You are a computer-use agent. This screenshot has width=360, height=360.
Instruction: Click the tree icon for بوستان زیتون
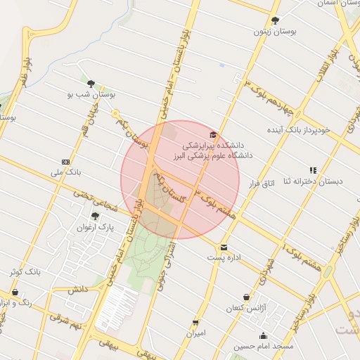point(275,20)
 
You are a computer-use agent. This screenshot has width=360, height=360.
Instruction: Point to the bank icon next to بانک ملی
point(67,162)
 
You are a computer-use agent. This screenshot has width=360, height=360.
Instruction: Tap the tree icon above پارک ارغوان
point(95,216)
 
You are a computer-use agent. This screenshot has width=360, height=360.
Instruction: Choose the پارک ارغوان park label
point(95,227)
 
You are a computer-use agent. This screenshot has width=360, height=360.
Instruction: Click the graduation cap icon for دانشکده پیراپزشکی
point(213,134)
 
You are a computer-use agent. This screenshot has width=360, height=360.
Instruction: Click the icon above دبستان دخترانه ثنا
point(313,170)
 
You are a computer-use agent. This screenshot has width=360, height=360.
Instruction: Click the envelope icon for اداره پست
point(224,247)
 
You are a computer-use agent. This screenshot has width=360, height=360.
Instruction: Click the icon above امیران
point(195,323)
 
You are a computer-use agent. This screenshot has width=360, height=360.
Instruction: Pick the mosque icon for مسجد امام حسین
point(263,336)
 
